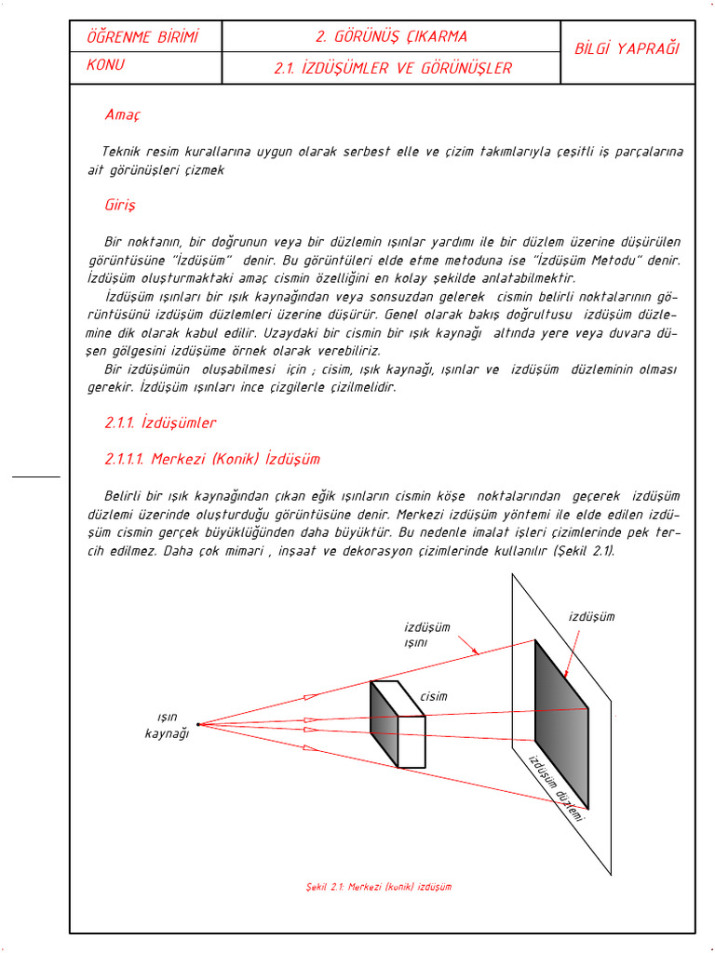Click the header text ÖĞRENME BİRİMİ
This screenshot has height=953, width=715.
pos(142,37)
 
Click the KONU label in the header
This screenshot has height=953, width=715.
pos(105,66)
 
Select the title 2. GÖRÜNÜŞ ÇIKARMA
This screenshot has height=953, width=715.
pos(391,37)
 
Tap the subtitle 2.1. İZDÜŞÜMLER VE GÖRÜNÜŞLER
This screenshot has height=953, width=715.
pos(393,68)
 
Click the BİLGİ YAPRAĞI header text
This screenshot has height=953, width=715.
pos(627,48)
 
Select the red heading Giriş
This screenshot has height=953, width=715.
pos(120,204)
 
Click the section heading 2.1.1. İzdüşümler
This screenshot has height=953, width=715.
pos(160,423)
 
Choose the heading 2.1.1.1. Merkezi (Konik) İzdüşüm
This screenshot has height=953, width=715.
pos(212,459)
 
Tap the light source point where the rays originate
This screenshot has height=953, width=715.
pos(198,723)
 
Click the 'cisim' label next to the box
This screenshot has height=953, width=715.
pos(433,696)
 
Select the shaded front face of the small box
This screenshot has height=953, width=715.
pos(384,725)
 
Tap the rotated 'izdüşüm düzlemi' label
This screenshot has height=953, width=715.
pos(556,787)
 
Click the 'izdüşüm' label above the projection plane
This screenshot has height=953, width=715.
pos(591,616)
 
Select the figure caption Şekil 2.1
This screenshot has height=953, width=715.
pos(378,887)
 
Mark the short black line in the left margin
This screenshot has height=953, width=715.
pos(36,476)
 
